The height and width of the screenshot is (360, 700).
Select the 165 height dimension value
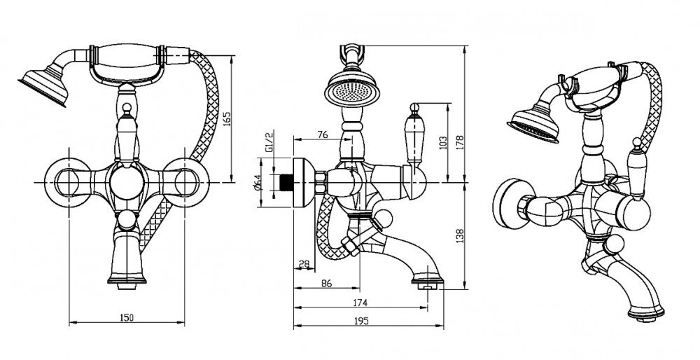(x=226, y=119)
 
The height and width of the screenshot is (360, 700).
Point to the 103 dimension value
(x=442, y=143)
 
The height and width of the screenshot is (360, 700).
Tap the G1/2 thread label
(x=267, y=141)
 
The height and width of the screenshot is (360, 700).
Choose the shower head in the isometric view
(x=532, y=125)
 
